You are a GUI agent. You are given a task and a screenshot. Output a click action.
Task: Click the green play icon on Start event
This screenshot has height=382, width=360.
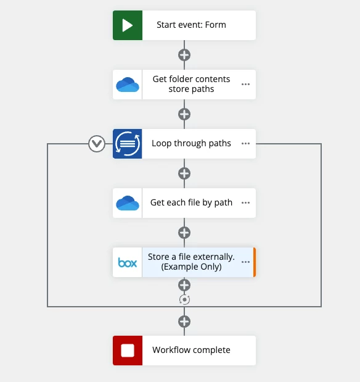click(128, 25)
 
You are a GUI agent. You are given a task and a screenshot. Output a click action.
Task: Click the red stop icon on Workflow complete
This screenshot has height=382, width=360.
click(128, 351)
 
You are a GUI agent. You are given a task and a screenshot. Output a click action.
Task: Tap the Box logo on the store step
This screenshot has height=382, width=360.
click(128, 262)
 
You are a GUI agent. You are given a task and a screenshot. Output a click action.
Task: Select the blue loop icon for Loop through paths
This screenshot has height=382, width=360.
click(128, 144)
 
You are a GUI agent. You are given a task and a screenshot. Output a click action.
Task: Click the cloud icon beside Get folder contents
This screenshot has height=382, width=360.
click(128, 85)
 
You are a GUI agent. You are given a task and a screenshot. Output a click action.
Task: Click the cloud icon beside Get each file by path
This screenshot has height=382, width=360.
click(128, 203)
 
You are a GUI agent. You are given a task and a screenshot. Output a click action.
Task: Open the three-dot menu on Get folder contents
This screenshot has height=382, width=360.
click(245, 85)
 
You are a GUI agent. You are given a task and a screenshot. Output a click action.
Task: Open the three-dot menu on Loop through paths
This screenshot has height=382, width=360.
click(245, 144)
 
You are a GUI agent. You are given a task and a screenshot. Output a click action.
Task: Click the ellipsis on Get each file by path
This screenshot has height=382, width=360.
click(245, 202)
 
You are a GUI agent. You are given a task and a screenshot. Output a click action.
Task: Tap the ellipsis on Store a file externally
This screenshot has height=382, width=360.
click(245, 262)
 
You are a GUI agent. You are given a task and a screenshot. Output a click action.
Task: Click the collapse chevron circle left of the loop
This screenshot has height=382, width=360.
click(97, 144)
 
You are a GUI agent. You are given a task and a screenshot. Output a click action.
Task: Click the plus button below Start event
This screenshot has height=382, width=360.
click(184, 55)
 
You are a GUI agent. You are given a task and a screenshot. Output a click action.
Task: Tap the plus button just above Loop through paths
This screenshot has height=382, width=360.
click(184, 114)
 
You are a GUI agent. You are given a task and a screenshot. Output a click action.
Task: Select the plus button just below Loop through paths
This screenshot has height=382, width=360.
click(184, 173)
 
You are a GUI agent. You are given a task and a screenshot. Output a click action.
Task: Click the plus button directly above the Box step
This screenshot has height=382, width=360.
click(184, 233)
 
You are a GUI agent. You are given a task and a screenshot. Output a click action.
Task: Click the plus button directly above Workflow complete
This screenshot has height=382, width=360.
click(184, 322)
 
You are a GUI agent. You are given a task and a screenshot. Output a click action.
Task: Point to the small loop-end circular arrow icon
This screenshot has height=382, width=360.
click(184, 300)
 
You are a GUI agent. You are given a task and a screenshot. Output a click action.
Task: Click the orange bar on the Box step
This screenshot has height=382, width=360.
click(255, 262)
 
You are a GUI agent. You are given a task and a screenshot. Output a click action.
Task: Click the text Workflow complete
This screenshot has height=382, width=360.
click(191, 350)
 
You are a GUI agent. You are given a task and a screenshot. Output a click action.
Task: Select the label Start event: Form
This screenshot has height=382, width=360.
click(191, 25)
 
